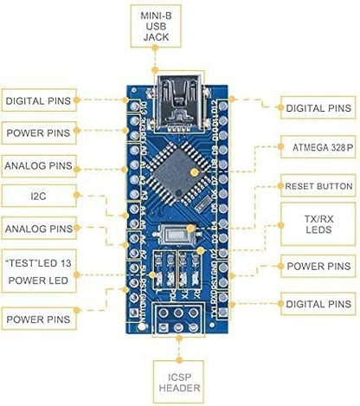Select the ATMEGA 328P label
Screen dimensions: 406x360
[x=318, y=148]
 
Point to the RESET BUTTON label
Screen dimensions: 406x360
[x=318, y=186]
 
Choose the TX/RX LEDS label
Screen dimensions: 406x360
[x=318, y=224]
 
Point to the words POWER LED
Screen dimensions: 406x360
[x=37, y=281]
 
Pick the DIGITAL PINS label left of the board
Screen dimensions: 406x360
[x=37, y=101]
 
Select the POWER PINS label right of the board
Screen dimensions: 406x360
[x=318, y=267]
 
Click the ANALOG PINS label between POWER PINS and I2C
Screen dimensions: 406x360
[x=37, y=164]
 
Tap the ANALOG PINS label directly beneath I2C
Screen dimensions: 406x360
[x=37, y=229]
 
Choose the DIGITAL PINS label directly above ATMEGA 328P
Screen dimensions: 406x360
[x=318, y=108]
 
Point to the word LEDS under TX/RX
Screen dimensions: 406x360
[x=318, y=232]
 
